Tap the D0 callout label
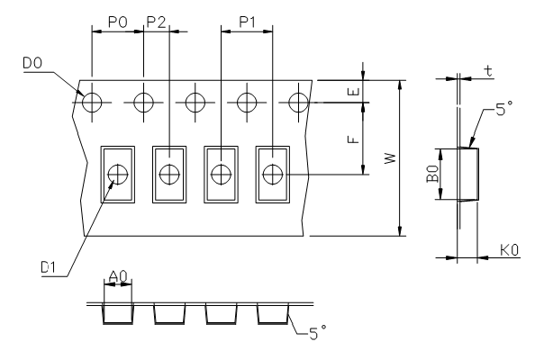pos(28,63)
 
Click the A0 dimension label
pos(118,275)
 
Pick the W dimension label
pos(389,158)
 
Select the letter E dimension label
pos(354,91)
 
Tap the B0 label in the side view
pos(433,174)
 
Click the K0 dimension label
pos(509,257)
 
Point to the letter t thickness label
pos(487,69)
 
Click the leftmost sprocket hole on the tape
pos(92,102)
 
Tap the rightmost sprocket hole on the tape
pos(298,102)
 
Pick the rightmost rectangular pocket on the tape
pos(273,175)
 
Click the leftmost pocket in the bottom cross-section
pos(118,312)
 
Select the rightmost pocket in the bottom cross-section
pos(273,312)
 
